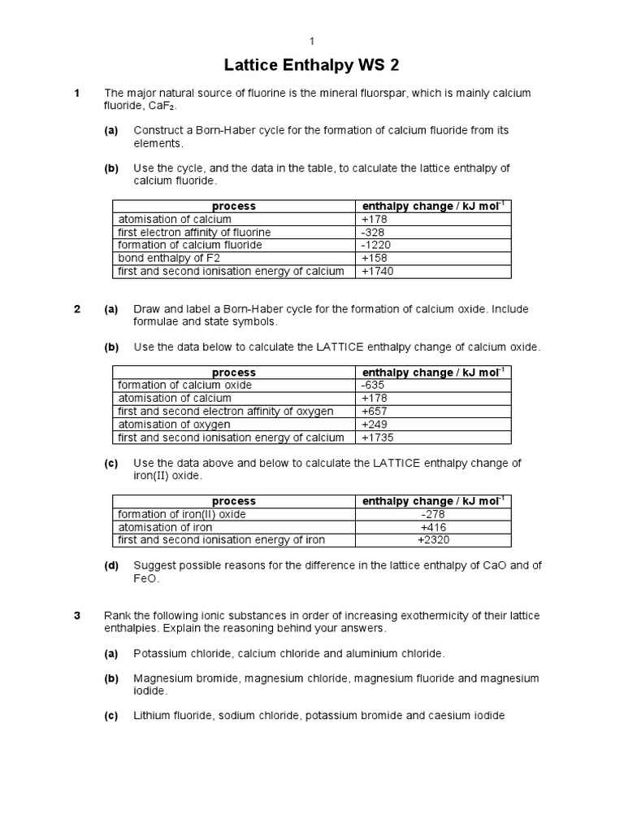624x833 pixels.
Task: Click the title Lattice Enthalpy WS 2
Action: point(311,65)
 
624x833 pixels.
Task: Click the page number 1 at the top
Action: point(311,41)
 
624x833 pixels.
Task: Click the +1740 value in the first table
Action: point(377,272)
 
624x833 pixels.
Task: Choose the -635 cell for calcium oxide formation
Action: point(373,386)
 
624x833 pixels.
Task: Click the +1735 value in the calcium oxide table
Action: point(377,438)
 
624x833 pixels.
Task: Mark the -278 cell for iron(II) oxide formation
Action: point(433,515)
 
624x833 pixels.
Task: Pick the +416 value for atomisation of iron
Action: point(433,527)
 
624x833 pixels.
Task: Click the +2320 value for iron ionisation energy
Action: point(433,540)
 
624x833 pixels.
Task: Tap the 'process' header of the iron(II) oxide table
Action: point(234,502)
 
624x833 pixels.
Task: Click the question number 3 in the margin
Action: point(77,616)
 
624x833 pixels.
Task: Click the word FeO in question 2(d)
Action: point(146,579)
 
